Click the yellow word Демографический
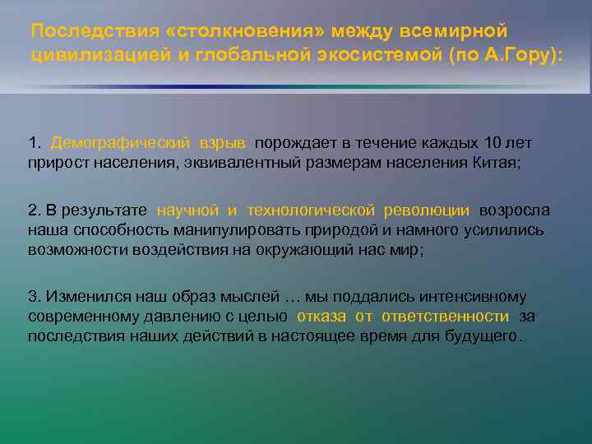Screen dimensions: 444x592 (120, 143)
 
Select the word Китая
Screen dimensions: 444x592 (496, 162)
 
